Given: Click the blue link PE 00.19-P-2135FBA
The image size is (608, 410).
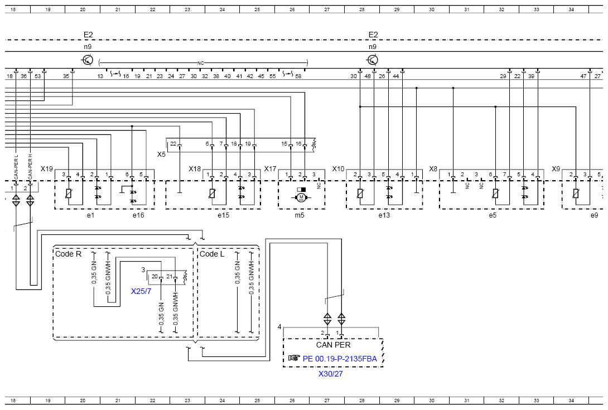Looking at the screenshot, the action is point(340,359).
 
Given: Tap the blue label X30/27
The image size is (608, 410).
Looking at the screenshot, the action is point(330,374).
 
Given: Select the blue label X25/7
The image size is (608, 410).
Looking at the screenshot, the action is point(141,291).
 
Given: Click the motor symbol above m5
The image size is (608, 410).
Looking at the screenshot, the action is point(301,198).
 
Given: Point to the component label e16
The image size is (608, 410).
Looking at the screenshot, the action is point(138,215).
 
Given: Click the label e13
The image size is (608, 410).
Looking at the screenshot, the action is point(384,215).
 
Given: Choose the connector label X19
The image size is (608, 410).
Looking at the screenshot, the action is point(46,168).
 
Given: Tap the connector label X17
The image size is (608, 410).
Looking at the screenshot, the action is point(271,168).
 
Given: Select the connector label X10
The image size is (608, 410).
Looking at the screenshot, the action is point(338,168).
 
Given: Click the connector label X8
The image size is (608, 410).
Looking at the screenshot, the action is point(433,168).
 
